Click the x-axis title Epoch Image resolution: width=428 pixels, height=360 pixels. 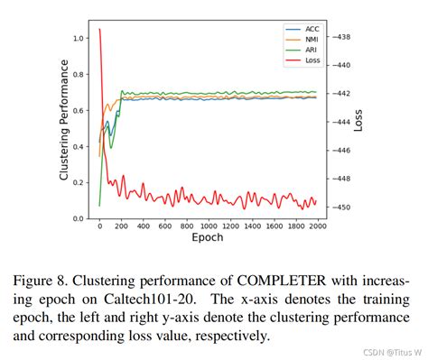[207, 237]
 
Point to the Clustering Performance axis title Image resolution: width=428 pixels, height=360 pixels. [65, 120]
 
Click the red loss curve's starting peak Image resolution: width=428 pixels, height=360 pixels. [99, 30]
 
